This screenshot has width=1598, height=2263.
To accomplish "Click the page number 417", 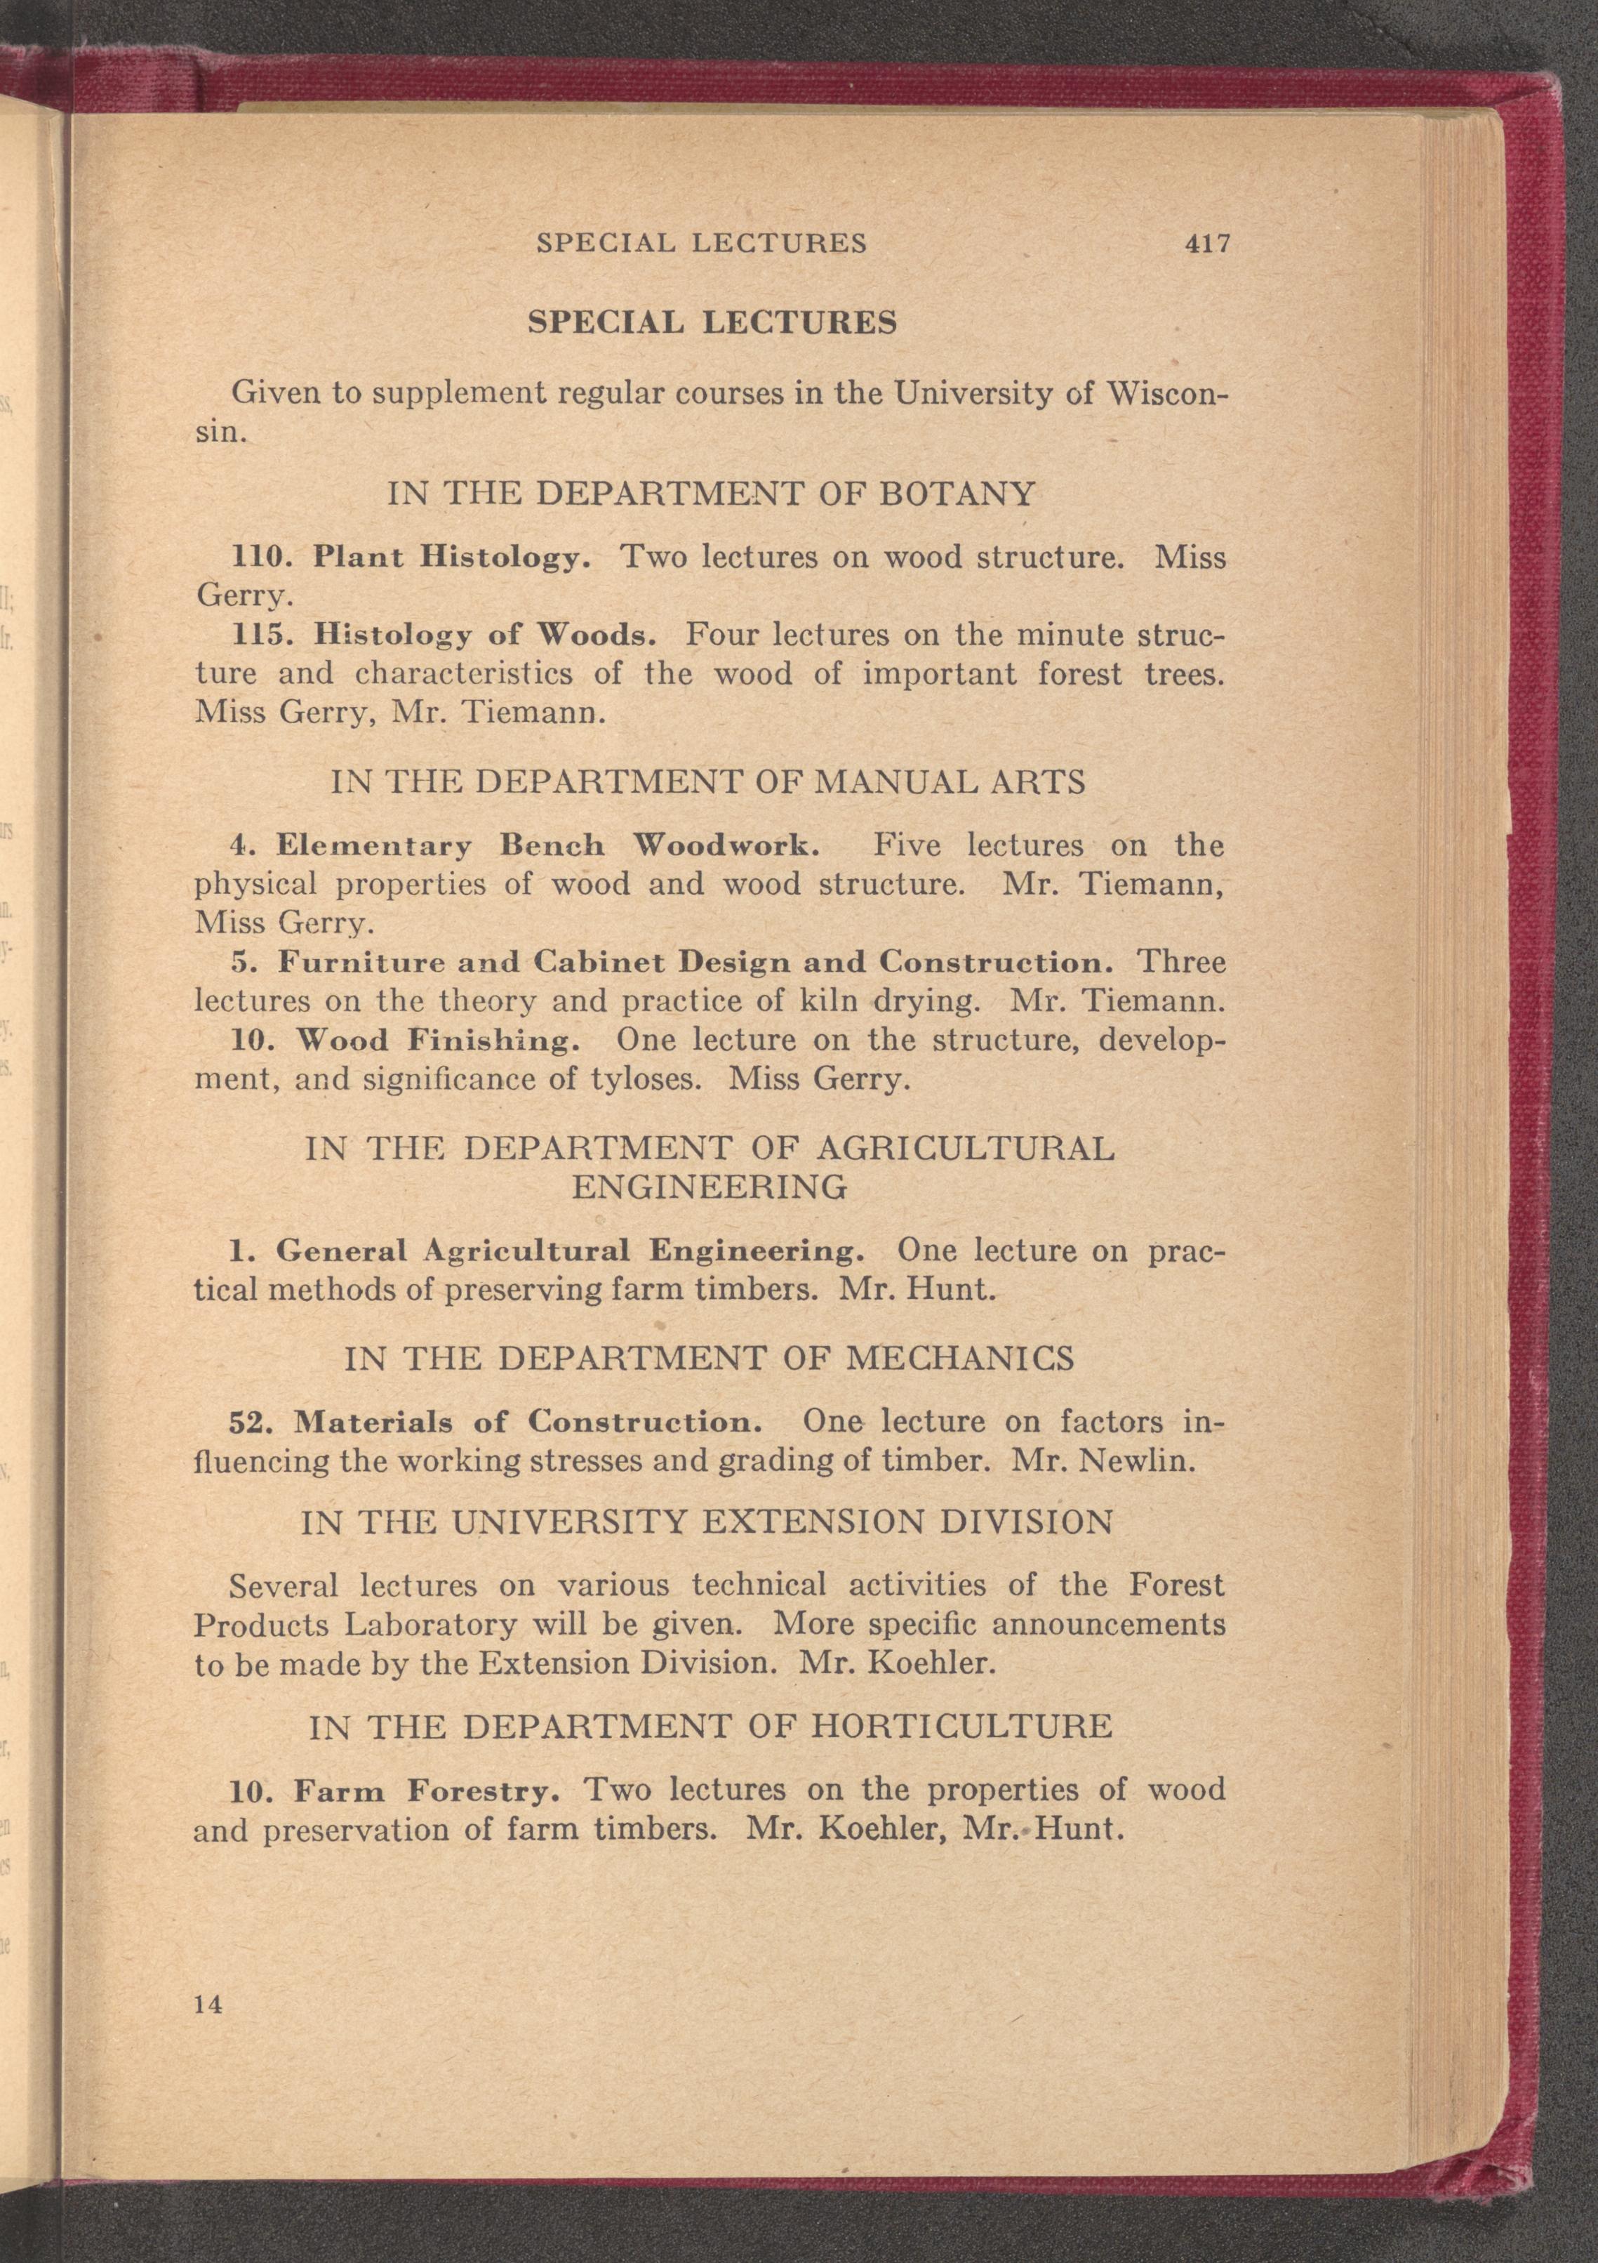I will (1209, 244).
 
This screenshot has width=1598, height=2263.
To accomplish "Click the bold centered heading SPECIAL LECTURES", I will (712, 322).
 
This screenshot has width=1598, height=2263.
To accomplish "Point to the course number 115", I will (261, 635).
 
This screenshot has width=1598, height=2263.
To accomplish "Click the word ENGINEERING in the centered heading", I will (710, 1187).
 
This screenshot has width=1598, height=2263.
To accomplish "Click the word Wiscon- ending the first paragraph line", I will (1166, 393).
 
